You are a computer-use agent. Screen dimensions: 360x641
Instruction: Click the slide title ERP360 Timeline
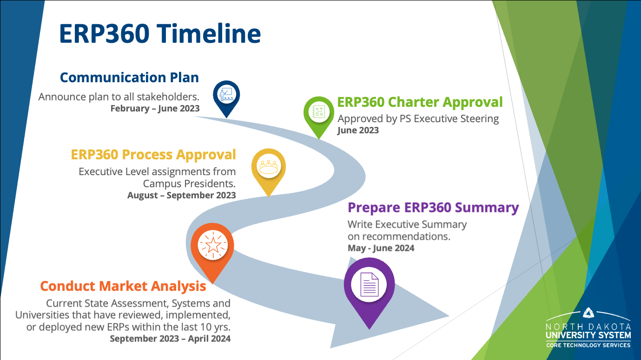click(x=160, y=33)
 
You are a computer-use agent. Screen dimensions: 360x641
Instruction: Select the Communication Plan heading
click(x=129, y=77)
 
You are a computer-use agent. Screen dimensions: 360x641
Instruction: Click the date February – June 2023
click(x=155, y=109)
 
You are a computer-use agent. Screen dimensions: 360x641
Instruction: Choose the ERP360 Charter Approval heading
click(x=420, y=102)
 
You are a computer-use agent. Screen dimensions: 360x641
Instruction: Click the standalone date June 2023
click(x=358, y=130)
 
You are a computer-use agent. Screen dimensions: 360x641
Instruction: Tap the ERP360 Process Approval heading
click(x=153, y=154)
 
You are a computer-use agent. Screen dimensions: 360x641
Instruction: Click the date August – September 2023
click(x=181, y=195)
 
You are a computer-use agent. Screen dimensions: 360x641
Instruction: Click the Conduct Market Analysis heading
click(x=123, y=286)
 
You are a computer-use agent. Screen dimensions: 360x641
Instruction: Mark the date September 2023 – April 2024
click(x=170, y=339)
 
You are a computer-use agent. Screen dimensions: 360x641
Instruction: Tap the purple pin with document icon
click(x=369, y=286)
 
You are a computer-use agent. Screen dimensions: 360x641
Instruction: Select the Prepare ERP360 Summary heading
click(x=433, y=207)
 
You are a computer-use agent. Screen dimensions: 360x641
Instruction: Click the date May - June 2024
click(x=381, y=248)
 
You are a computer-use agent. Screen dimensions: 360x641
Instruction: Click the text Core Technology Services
click(x=588, y=345)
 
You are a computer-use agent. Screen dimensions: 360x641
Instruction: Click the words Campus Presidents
click(x=189, y=183)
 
